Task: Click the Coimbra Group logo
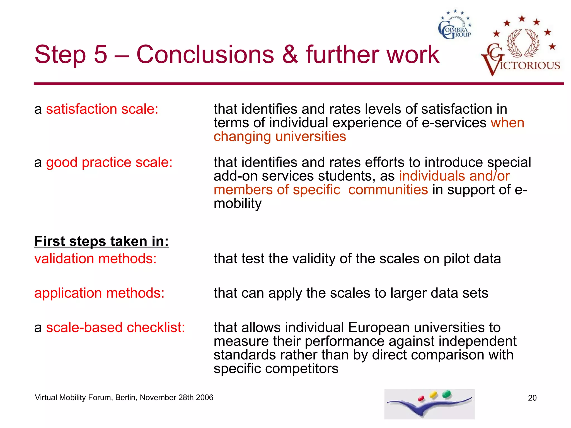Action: point(455,25)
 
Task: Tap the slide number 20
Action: point(532,398)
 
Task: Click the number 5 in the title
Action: point(101,54)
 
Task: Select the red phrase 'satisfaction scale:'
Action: point(102,109)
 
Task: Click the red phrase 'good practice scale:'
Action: point(109,162)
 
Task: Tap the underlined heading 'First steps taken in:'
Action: point(101,241)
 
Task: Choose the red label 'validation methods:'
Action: point(95,259)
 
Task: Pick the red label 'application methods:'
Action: point(99,293)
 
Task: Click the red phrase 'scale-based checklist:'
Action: point(115,327)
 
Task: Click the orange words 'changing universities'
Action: point(280,137)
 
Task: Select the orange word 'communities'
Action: point(388,190)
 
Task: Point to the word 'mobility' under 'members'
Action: point(238,204)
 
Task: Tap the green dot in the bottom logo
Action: point(447,394)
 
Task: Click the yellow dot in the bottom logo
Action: point(434,395)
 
